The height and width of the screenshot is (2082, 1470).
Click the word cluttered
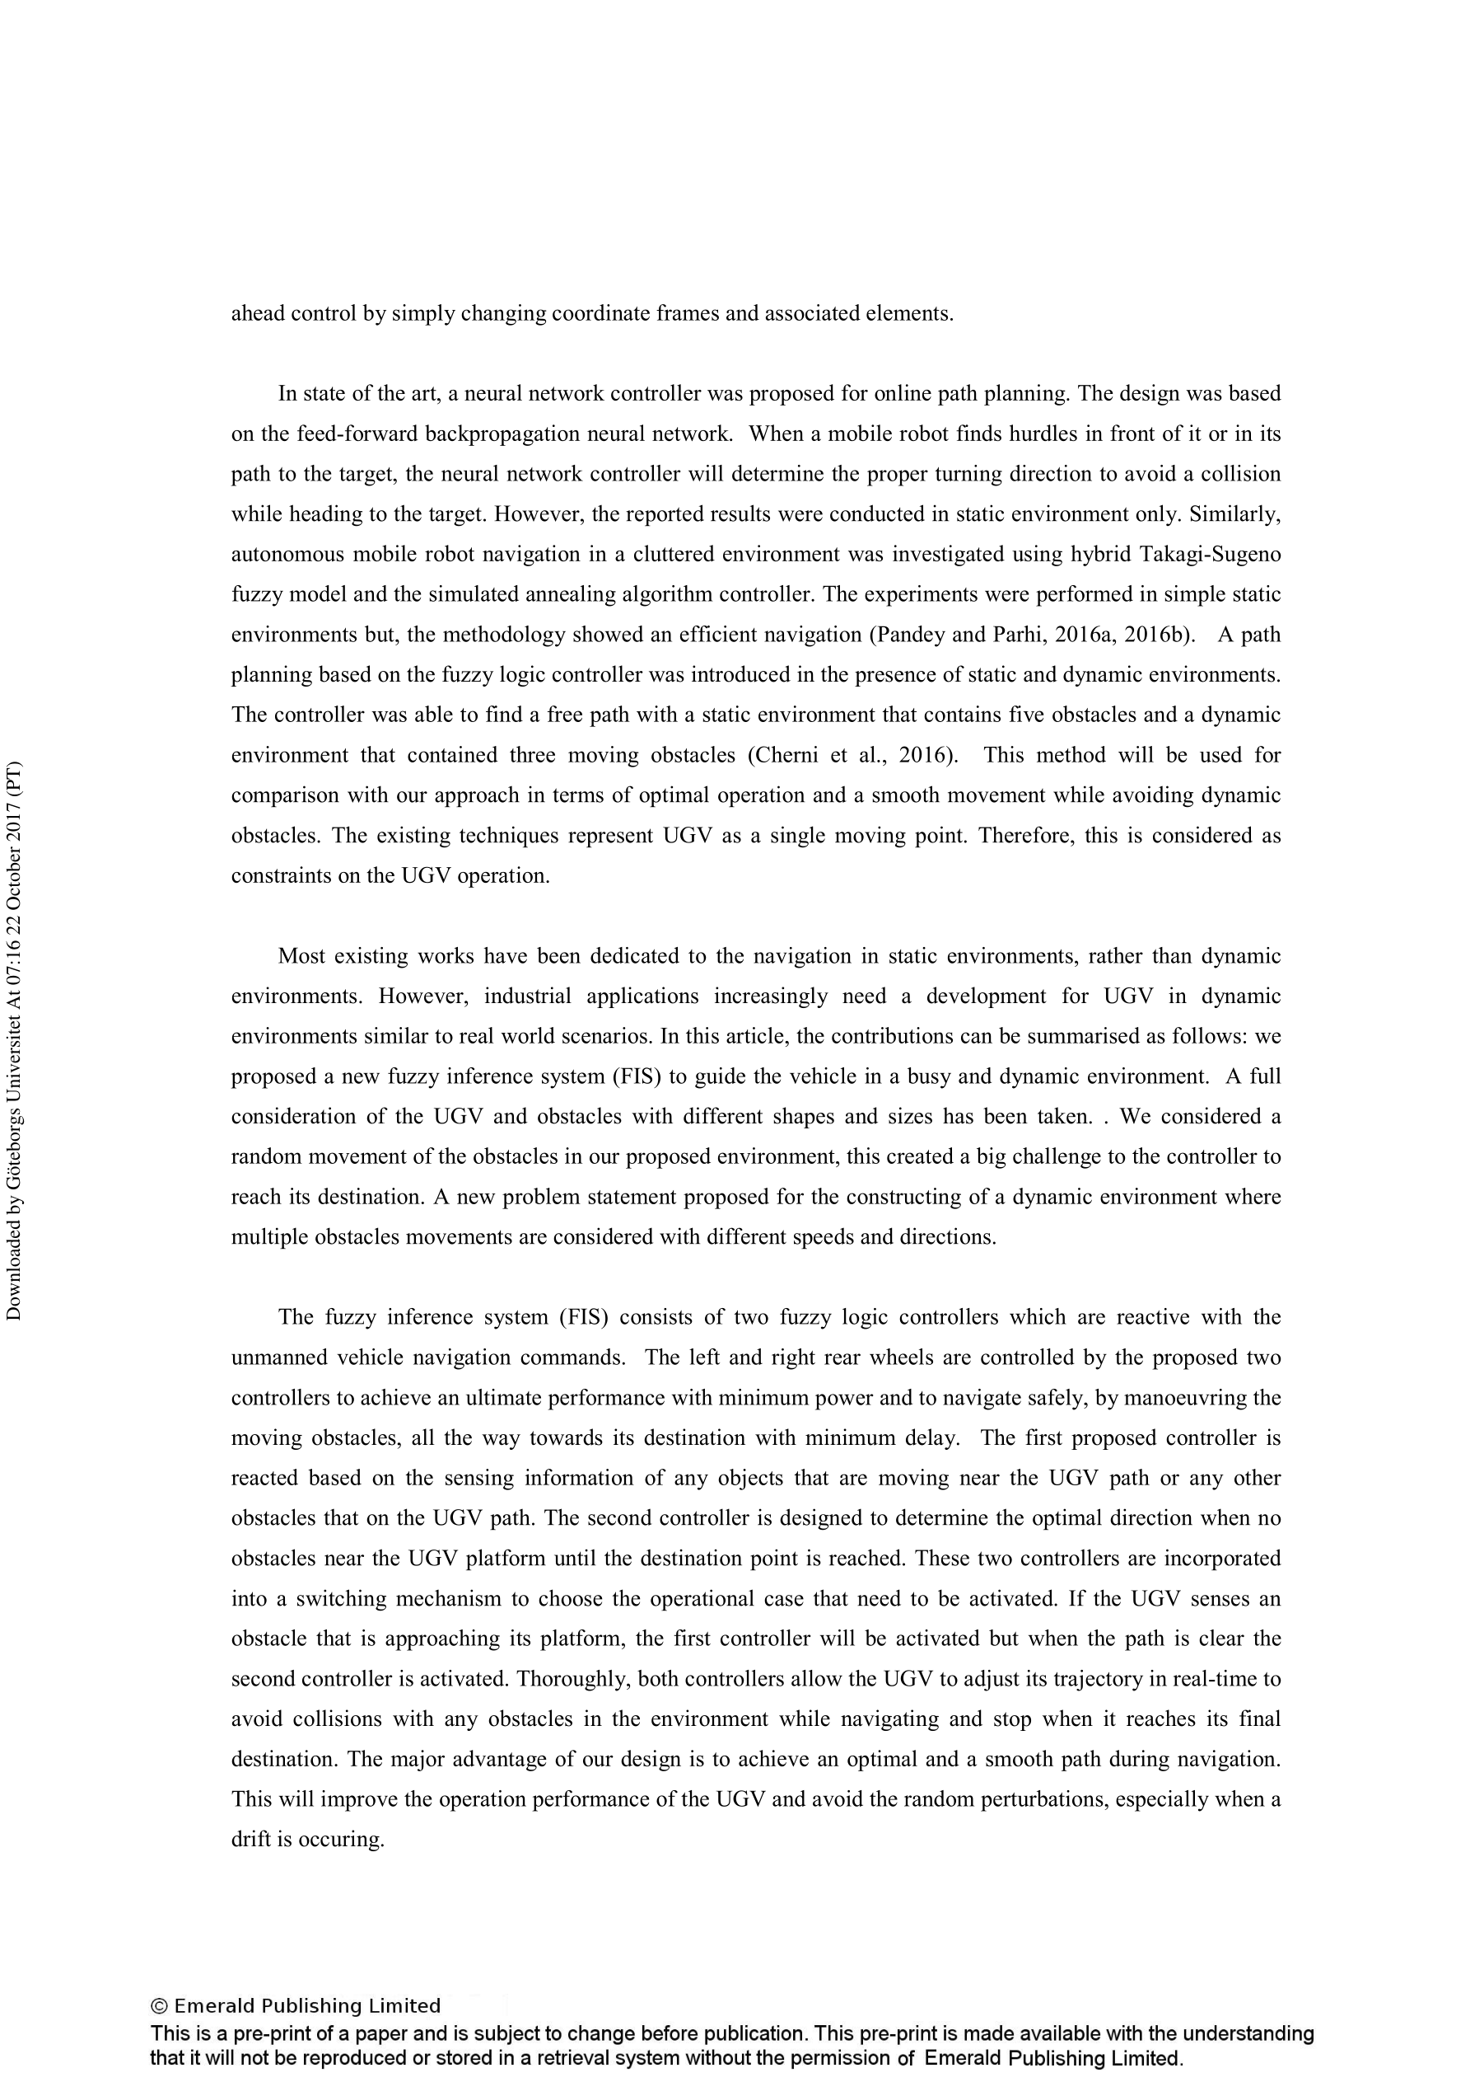[x=675, y=554]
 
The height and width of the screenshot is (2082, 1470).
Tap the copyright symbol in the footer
[x=159, y=2007]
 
